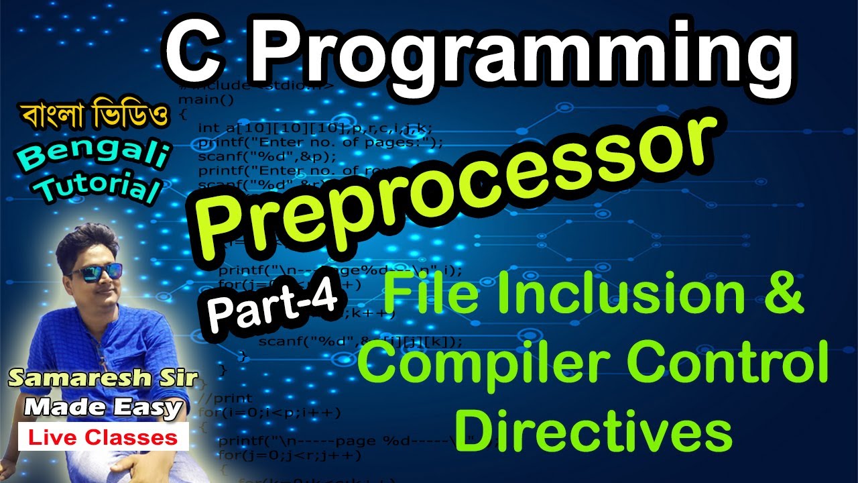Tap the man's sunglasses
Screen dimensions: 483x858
97,271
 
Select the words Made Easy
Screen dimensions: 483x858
103,407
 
